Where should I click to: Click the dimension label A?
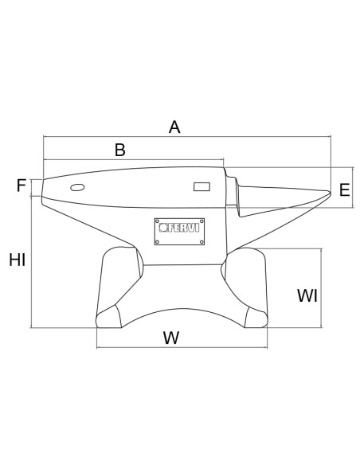click(174, 127)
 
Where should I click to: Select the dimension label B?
click(120, 150)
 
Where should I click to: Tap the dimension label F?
click(22, 186)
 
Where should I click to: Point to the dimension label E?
click(344, 190)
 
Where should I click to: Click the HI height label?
click(18, 260)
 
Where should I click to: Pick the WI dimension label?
click(307, 295)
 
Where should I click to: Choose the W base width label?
click(171, 338)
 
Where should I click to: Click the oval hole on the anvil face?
click(77, 187)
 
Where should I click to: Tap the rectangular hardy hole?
click(202, 186)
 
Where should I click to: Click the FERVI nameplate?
click(179, 232)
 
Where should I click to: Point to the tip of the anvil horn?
click(331, 193)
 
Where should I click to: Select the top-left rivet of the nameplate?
click(158, 221)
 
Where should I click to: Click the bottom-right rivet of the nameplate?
click(202, 242)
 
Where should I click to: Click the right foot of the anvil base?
click(256, 318)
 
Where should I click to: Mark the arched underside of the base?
click(183, 310)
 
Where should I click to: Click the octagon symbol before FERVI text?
click(163, 228)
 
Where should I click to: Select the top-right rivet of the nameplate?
click(202, 221)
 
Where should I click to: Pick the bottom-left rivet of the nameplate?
click(158, 242)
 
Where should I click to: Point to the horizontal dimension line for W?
click(182, 347)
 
